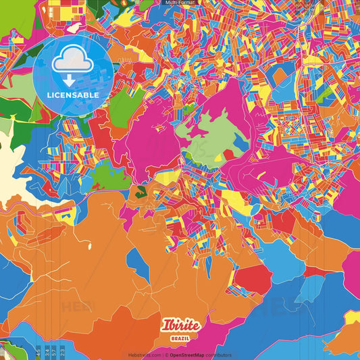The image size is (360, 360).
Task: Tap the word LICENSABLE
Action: click(x=72, y=95)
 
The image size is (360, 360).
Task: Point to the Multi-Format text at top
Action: click(x=180, y=3)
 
